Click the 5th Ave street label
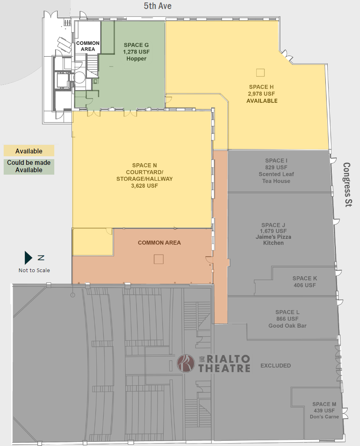point(157,6)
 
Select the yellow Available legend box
point(29,151)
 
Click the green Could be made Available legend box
point(29,166)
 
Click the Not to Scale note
point(34,270)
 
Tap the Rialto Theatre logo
point(213,363)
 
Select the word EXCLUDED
point(276,366)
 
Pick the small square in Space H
point(260,73)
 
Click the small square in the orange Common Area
point(158,259)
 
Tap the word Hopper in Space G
point(136,59)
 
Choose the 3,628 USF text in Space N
point(144,186)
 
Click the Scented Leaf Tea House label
point(276,178)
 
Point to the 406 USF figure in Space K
point(304,285)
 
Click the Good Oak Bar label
point(287,326)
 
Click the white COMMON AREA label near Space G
point(88,46)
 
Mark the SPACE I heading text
point(276,161)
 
